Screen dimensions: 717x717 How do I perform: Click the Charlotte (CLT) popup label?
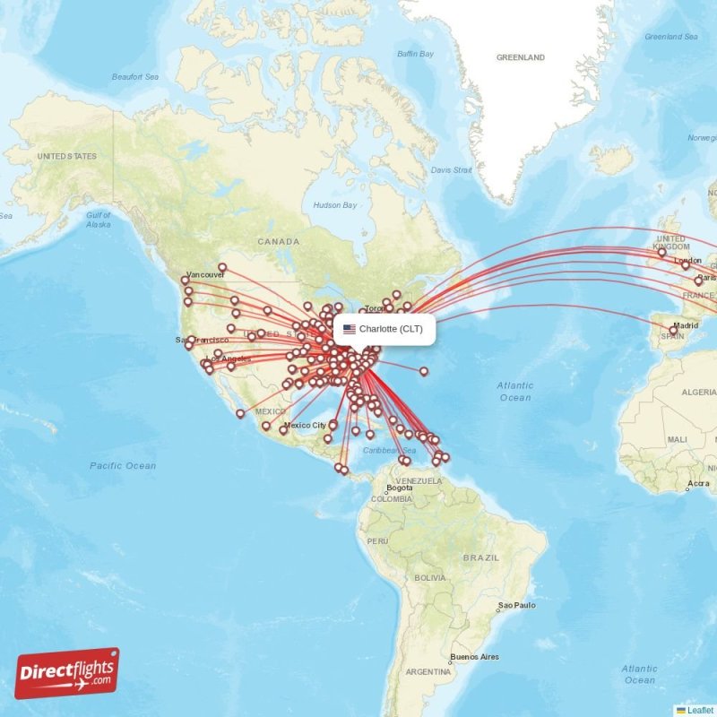coord(391,329)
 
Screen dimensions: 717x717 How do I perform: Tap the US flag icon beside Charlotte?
coord(349,329)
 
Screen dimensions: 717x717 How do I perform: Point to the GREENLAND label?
coord(521,57)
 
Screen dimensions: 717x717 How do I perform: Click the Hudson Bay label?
coord(334,205)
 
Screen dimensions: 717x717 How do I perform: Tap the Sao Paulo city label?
coord(517,605)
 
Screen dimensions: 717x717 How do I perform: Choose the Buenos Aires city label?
coord(474,657)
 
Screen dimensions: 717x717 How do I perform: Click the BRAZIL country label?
coord(480,557)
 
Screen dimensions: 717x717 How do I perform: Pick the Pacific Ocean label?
coord(123,465)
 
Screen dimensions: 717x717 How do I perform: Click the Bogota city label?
coord(399,488)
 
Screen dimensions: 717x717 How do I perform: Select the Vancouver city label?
coord(205,274)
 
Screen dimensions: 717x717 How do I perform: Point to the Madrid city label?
coord(687,325)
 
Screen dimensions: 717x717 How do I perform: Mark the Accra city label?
coord(698,485)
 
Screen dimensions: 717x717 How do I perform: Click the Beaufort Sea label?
coord(134,77)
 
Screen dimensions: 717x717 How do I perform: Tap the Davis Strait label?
coord(451,169)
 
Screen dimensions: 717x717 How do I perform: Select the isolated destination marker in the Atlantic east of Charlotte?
coord(424,371)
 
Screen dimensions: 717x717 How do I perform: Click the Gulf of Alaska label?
coord(99,220)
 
